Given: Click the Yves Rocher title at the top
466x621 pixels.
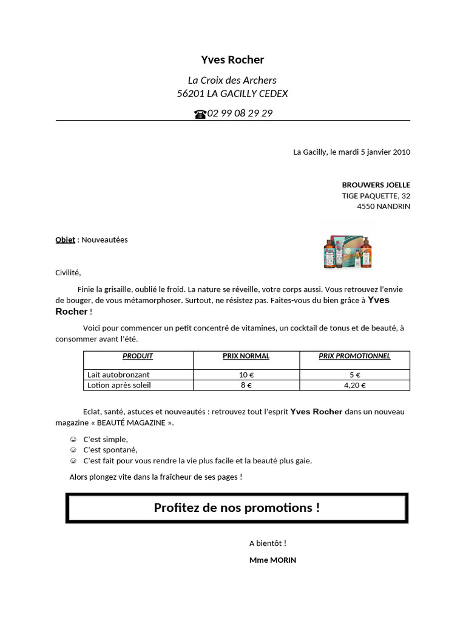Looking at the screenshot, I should [x=232, y=59].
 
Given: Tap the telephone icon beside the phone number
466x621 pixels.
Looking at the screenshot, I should [x=200, y=114].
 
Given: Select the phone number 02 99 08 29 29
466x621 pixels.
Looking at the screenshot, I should [x=240, y=113].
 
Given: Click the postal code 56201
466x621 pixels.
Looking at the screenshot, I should [x=190, y=94].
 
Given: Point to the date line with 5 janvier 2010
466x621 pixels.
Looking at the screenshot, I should [x=351, y=152].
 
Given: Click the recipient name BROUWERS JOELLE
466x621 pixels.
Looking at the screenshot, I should [x=376, y=185].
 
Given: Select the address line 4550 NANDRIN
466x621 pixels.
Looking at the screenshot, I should [x=383, y=206].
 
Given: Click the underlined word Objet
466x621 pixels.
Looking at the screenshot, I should [x=65, y=240].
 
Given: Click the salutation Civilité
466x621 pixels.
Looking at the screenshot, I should [x=67, y=272].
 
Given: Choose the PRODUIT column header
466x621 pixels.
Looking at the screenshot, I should [x=138, y=356].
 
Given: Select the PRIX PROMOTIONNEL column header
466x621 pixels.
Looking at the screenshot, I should [x=354, y=356].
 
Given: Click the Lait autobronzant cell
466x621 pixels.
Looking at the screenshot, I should [x=118, y=375].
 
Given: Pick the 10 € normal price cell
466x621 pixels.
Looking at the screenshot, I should [x=245, y=375].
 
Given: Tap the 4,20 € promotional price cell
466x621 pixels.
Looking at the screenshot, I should [x=354, y=384].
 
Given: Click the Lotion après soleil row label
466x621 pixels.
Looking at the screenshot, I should [x=119, y=384].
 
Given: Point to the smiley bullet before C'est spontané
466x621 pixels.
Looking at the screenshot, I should [x=73, y=450].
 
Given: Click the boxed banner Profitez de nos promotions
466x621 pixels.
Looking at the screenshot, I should [x=237, y=508].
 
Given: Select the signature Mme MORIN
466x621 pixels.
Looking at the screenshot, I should [x=272, y=560].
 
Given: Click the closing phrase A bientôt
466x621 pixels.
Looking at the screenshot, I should [x=268, y=543].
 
